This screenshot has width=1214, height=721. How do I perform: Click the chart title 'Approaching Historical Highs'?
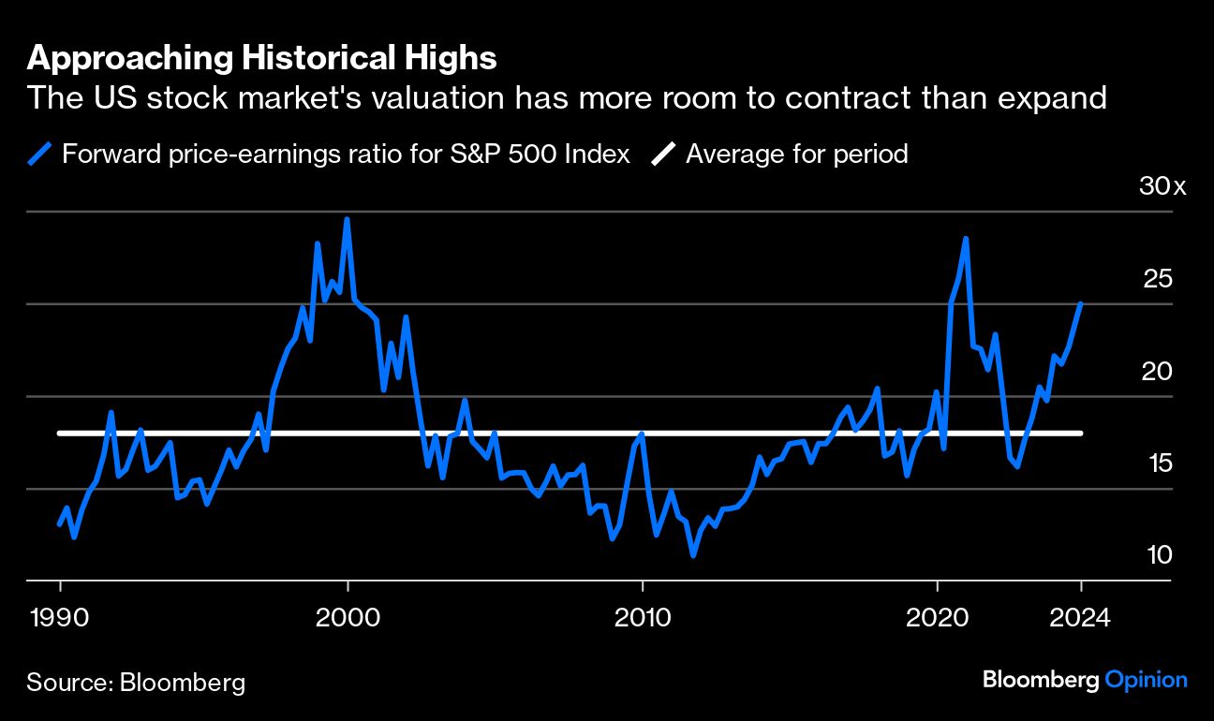point(261,58)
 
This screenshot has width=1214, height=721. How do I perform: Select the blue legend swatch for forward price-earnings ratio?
point(39,154)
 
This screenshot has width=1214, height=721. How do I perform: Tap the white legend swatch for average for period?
point(663,154)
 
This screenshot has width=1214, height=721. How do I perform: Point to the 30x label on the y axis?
point(1162,186)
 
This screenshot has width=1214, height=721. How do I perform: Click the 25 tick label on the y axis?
point(1159,278)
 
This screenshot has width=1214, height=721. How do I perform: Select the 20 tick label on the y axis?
point(1159,371)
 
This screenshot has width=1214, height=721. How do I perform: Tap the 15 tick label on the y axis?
point(1159,463)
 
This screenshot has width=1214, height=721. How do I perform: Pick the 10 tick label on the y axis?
point(1159,555)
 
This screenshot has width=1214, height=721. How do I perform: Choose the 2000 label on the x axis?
point(348,618)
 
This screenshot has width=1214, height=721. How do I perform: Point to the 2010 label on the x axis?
point(643,618)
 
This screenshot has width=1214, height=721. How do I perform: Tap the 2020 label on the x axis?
point(937,618)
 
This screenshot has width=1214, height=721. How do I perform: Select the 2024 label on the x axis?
point(1079,618)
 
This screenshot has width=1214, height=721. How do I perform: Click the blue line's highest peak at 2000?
point(347,219)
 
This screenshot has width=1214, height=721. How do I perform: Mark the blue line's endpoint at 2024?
point(1081,303)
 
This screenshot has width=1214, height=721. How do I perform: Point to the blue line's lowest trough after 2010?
point(693,555)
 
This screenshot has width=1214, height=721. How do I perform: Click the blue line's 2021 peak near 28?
point(965,239)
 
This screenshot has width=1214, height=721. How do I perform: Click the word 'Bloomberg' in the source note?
point(183,682)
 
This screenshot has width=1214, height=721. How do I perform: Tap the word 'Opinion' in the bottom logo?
point(1147,680)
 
